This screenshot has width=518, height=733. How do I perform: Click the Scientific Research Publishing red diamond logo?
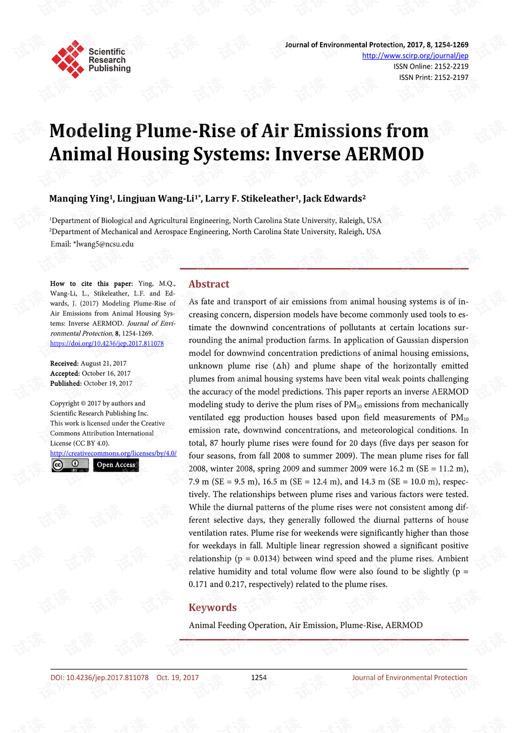[68, 59]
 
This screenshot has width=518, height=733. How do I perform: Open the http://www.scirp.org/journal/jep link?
[415, 56]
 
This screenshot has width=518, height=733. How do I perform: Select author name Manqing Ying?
[79, 199]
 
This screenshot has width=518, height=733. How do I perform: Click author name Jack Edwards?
[332, 199]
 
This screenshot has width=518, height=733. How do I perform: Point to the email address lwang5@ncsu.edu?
[105, 244]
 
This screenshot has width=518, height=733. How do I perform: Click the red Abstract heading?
[209, 284]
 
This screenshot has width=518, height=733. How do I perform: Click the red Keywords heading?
[213, 608]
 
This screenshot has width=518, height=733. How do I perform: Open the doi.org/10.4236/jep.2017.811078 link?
[107, 344]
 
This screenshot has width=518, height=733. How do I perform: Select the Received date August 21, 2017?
[104, 364]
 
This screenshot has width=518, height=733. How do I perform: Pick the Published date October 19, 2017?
[108, 384]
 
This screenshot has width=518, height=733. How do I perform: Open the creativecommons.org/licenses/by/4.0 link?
[113, 453]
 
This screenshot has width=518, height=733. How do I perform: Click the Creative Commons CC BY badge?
[70, 465]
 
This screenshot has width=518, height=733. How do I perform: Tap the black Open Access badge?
[116, 465]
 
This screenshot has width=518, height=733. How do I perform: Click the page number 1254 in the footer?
[259, 678]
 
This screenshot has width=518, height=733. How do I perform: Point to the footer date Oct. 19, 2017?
[178, 678]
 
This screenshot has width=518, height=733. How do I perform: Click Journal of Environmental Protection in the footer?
[410, 678]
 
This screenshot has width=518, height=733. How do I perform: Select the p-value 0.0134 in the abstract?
[264, 559]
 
